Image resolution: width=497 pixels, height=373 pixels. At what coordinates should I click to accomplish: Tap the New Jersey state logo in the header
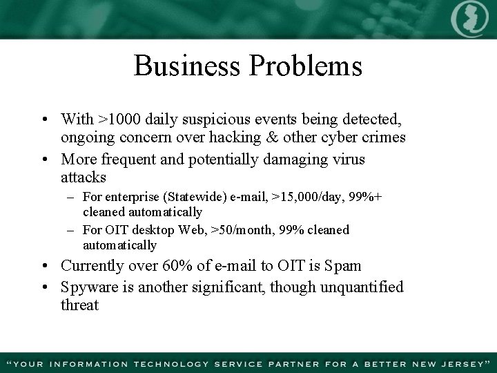pyautogui.click(x=469, y=19)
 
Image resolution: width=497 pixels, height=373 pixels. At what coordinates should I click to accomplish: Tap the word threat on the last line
pyautogui.click(x=79, y=305)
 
